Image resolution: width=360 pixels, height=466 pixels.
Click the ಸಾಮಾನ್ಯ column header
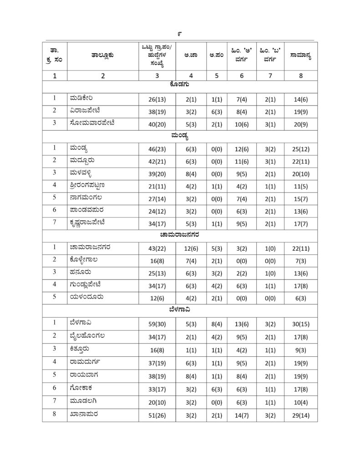pos(301,56)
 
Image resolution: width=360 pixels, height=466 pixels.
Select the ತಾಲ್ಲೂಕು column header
pos(102,56)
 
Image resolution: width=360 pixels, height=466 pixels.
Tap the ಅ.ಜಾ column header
pos(190,56)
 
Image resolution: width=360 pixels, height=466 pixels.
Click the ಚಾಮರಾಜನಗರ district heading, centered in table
pos(180,235)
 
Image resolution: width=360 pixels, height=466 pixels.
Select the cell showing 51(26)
pos(157,415)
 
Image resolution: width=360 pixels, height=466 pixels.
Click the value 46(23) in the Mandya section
pos(157,148)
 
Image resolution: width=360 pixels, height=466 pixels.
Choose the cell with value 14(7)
pos(241,415)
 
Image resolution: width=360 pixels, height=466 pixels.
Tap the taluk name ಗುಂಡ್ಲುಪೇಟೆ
pos(88,284)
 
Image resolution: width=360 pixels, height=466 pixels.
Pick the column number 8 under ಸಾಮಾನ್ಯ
pos(301,76)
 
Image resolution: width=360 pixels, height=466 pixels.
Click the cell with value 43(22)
pos(157,248)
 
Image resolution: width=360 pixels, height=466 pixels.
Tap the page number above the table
pos(180,34)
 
